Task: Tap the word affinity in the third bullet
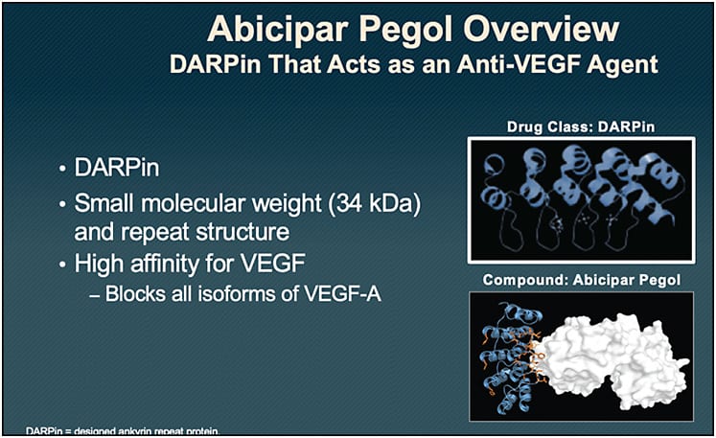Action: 166,263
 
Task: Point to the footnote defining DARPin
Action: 125,431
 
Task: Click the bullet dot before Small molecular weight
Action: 62,205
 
